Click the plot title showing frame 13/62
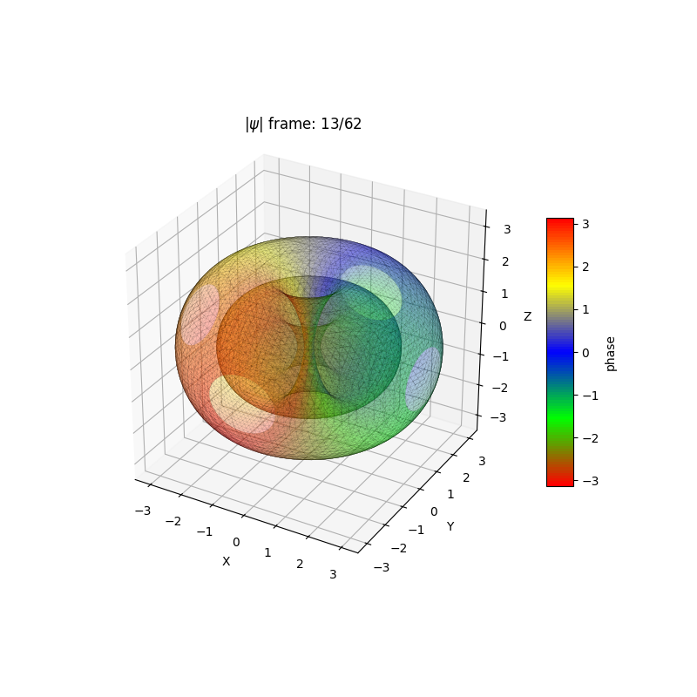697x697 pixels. coord(303,124)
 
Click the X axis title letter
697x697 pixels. coord(226,561)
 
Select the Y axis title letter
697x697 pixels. coord(450,526)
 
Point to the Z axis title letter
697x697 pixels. coord(527,316)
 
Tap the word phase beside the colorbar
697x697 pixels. coord(610,352)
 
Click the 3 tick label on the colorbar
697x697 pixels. coord(585,224)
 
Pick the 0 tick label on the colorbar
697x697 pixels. coord(585,352)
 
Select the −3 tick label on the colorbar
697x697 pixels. coord(589,480)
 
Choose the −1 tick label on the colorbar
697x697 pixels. coord(589,395)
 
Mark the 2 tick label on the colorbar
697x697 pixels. coord(585,267)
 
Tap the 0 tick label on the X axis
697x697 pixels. coord(235,542)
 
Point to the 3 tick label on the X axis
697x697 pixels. coord(333,574)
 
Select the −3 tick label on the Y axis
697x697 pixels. coord(381,567)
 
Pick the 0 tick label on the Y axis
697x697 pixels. coord(433,511)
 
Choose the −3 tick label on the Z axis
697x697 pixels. coord(499,417)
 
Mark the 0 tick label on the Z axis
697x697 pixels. coord(503,325)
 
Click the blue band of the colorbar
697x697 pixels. coord(559,352)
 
